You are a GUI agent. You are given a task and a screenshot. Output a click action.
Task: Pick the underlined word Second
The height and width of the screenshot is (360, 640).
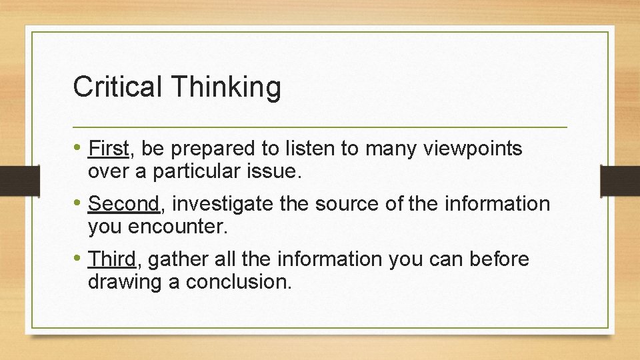124,203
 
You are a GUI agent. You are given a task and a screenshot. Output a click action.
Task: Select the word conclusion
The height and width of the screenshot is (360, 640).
239,282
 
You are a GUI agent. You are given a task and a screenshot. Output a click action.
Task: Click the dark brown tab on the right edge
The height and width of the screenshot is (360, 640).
619,180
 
